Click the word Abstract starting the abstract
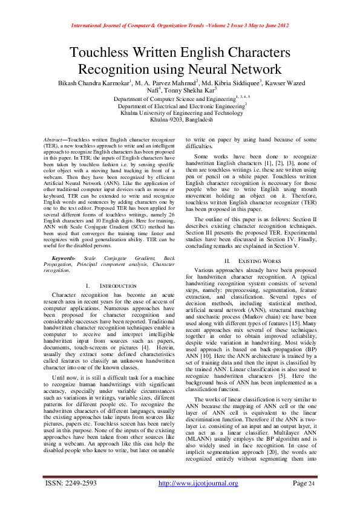(x=58, y=140)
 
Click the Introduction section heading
(x=115, y=285)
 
